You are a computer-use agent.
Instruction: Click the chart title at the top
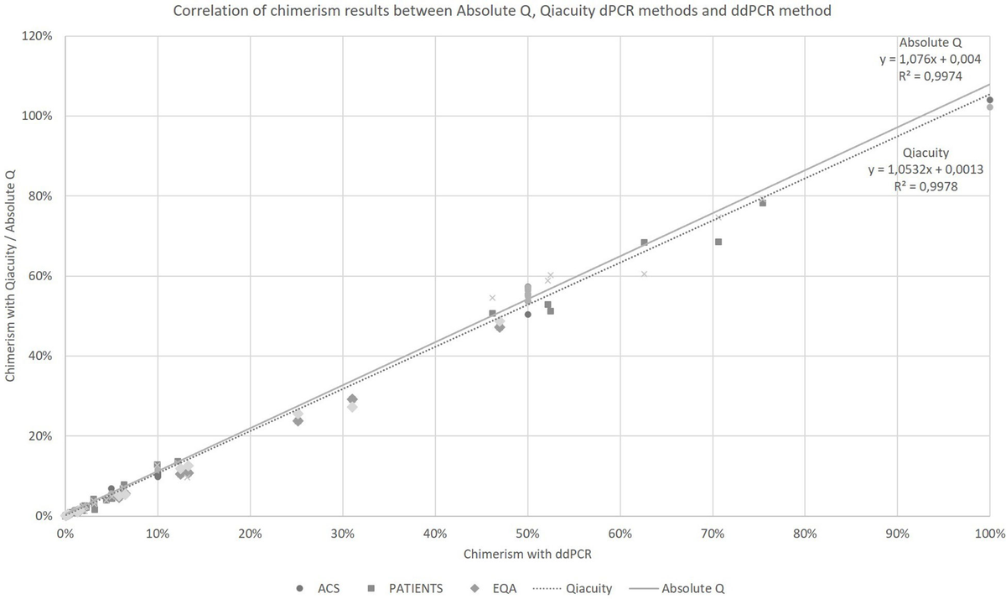[502, 12]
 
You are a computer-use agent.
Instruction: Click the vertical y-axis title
[12, 276]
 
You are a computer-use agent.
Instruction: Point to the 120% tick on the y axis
[39, 36]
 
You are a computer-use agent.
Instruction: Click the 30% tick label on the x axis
[342, 533]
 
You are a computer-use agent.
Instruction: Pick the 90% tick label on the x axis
[897, 533]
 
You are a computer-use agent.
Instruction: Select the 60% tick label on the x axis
[620, 533]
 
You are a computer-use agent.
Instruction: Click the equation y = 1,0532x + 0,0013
[926, 169]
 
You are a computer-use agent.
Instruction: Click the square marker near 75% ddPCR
[762, 203]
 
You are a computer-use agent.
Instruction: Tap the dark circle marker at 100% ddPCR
[989, 100]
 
